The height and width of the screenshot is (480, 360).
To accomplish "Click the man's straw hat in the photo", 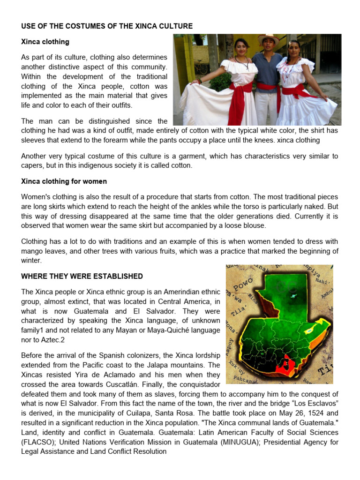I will click(268, 37).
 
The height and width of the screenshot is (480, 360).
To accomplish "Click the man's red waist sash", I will click(267, 88).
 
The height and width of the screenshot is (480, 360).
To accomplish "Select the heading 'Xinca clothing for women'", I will click(64, 181).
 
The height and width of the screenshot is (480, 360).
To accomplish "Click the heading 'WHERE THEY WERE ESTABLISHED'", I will click(82, 276).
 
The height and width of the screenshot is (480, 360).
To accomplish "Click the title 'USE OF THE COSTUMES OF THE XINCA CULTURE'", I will click(107, 26).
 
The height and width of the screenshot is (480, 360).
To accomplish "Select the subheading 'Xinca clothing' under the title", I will click(45, 42).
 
